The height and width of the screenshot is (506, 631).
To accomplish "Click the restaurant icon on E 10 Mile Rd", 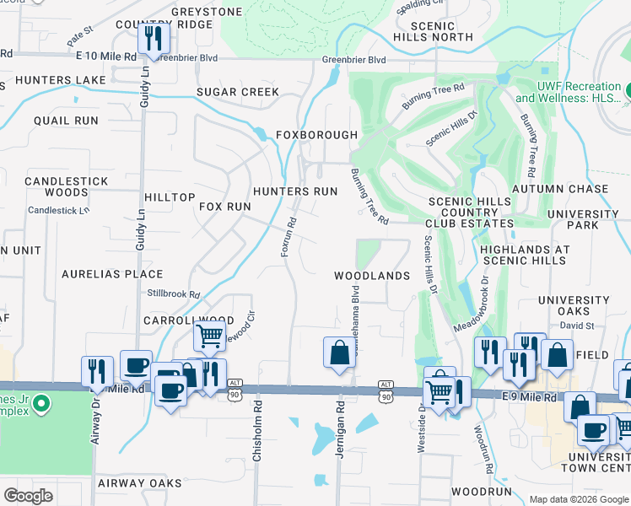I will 154,38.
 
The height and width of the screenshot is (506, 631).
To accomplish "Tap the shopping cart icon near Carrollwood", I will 209,336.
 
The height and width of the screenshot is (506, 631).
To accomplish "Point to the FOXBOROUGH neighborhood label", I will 317,135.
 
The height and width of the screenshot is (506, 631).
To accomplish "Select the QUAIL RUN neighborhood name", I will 66,121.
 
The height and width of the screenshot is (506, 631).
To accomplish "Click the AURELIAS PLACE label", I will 112,274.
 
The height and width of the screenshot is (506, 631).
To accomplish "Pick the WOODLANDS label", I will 371,276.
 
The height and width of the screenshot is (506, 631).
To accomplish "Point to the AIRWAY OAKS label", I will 139,483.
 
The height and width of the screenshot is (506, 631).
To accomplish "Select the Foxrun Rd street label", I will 288,238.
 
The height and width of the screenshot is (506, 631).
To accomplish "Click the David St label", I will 577,325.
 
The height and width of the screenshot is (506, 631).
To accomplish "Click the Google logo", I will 30,496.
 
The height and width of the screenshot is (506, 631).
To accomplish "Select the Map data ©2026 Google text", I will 577,499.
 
